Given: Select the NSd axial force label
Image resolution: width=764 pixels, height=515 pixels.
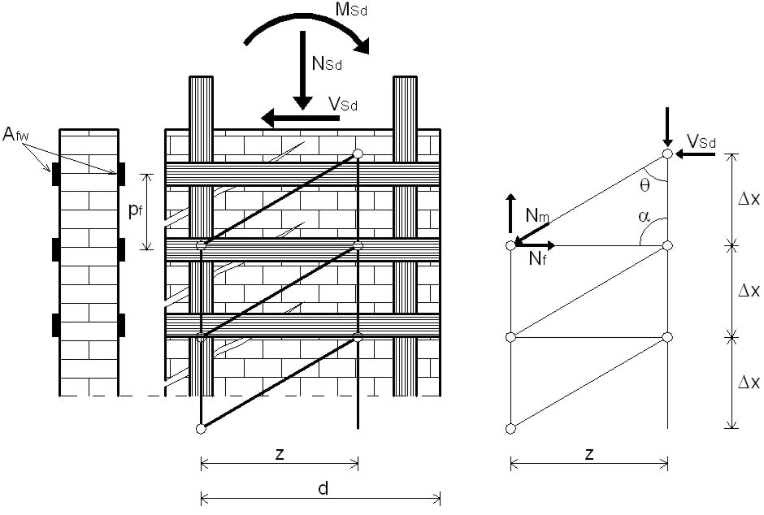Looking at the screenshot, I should (x=329, y=63).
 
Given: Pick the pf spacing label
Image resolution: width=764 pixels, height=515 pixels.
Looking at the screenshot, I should (x=133, y=211).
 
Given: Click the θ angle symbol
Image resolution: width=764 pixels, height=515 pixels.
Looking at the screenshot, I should (x=645, y=185).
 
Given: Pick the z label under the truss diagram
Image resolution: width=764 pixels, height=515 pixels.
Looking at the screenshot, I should (x=588, y=455).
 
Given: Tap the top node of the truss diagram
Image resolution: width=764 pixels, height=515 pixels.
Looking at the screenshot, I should (x=667, y=153).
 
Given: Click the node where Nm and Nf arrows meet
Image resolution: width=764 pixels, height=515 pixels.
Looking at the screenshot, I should (x=511, y=245).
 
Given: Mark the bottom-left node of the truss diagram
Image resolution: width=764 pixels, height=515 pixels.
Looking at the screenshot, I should (x=511, y=428).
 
